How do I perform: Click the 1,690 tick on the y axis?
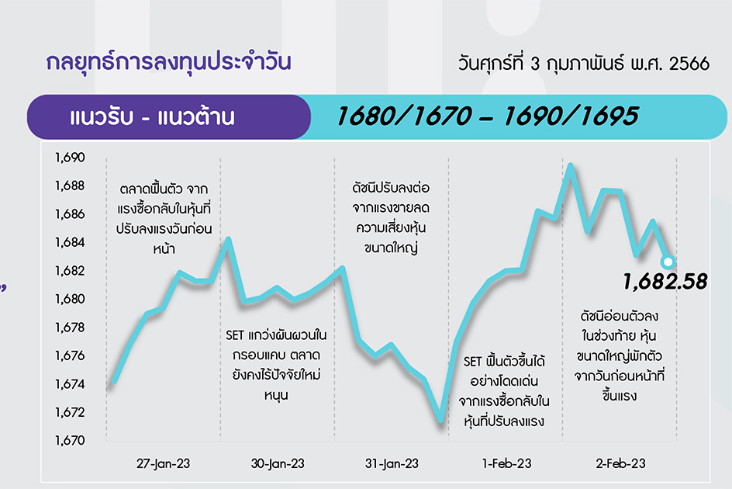point(70,158)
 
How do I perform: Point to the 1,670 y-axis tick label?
point(70,440)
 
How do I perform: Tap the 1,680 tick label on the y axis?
point(70,299)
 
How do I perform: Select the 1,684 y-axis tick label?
point(70,242)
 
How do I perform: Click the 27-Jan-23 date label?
point(164,463)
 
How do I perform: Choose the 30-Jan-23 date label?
point(278,463)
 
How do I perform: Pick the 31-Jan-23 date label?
point(392,463)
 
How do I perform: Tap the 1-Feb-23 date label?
point(506,463)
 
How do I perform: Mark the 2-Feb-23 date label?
point(620,463)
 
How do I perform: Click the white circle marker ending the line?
point(668,262)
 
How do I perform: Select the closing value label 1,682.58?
point(665,282)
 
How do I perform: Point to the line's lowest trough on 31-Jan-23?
point(440,421)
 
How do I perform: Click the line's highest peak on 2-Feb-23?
point(570,165)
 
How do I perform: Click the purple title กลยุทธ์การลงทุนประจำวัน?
point(168,63)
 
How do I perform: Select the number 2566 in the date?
point(689,64)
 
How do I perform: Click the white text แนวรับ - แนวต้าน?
point(152,117)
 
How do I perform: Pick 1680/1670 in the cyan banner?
point(404,116)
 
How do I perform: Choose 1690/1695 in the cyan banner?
point(571,116)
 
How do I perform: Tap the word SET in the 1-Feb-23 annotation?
point(472,362)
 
